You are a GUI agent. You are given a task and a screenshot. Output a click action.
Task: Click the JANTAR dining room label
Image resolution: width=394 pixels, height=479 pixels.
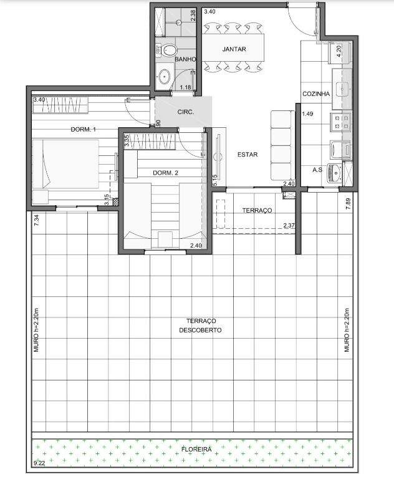[x=234, y=49]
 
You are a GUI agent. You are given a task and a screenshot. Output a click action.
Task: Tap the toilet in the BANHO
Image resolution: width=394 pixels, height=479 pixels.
[x=166, y=50]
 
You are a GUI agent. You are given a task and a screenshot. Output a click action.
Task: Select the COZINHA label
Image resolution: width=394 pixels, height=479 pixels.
[x=316, y=94]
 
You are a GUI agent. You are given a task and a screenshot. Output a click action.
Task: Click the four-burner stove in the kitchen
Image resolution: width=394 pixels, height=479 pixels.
[x=340, y=122]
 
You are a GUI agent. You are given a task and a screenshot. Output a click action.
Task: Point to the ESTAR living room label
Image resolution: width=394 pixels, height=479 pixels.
[x=247, y=155]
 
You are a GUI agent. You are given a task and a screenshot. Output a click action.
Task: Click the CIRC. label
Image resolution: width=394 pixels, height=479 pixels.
[x=186, y=112]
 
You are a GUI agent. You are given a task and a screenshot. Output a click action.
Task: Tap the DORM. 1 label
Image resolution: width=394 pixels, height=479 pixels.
[x=83, y=130]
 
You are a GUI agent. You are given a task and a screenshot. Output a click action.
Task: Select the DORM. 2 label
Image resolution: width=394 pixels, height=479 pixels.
[x=165, y=173]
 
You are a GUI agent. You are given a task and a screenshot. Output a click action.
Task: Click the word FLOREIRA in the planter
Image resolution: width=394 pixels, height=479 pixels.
[x=196, y=449]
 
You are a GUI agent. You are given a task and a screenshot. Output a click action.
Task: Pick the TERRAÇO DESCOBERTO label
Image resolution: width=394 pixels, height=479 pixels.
[x=200, y=326]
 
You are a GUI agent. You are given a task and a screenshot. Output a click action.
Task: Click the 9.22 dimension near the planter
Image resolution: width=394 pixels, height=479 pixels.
[x=39, y=463]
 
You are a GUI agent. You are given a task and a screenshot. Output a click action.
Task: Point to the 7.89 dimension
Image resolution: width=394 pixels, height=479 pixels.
[x=348, y=204]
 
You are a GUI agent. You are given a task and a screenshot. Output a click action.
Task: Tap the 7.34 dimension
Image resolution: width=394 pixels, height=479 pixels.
[x=36, y=220]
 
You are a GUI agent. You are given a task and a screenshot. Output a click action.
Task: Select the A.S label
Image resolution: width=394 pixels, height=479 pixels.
[x=317, y=170]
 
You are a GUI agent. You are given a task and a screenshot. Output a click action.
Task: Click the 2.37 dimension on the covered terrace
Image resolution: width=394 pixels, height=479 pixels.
[x=289, y=226]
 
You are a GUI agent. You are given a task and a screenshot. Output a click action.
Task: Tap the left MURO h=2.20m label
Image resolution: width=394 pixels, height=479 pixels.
[x=36, y=329]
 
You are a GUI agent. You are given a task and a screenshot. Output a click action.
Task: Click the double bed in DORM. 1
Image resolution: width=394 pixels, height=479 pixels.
[x=65, y=165]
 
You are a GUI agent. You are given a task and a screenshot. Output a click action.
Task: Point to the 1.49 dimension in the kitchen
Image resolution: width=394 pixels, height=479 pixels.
[x=307, y=114]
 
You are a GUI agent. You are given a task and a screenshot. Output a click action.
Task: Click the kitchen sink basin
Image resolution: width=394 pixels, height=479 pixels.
[x=342, y=89]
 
